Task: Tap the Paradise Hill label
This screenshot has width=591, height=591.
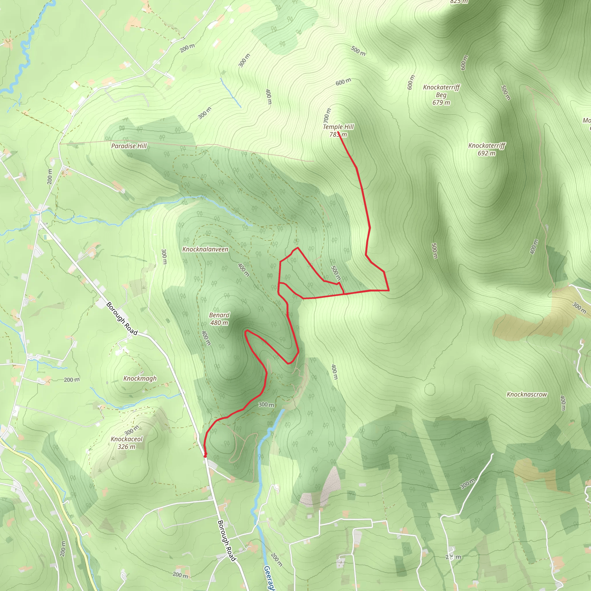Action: pyautogui.click(x=129, y=146)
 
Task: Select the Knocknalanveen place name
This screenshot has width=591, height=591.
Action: pyautogui.click(x=205, y=249)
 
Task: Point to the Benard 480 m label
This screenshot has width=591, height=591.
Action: pyautogui.click(x=219, y=319)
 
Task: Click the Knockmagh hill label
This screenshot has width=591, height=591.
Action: pyautogui.click(x=140, y=378)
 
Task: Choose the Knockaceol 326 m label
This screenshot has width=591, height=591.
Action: pyautogui.click(x=127, y=443)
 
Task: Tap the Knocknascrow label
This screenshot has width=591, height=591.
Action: pyautogui.click(x=526, y=394)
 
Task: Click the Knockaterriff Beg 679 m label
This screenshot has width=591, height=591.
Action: pyautogui.click(x=441, y=95)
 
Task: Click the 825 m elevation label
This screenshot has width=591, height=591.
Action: pyautogui.click(x=459, y=1)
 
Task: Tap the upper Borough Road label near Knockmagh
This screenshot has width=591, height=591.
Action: pyautogui.click(x=122, y=318)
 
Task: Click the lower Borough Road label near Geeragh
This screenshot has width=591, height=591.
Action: pyautogui.click(x=227, y=541)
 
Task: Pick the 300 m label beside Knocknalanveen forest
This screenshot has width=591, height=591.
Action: pyautogui.click(x=164, y=256)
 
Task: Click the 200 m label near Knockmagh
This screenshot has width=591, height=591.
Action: pyautogui.click(x=72, y=380)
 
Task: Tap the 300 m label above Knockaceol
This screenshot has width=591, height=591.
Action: pyautogui.click(x=132, y=430)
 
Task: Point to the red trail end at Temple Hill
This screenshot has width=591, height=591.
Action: pyautogui.click(x=338, y=132)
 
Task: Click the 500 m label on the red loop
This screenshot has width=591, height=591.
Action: pyautogui.click(x=336, y=273)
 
